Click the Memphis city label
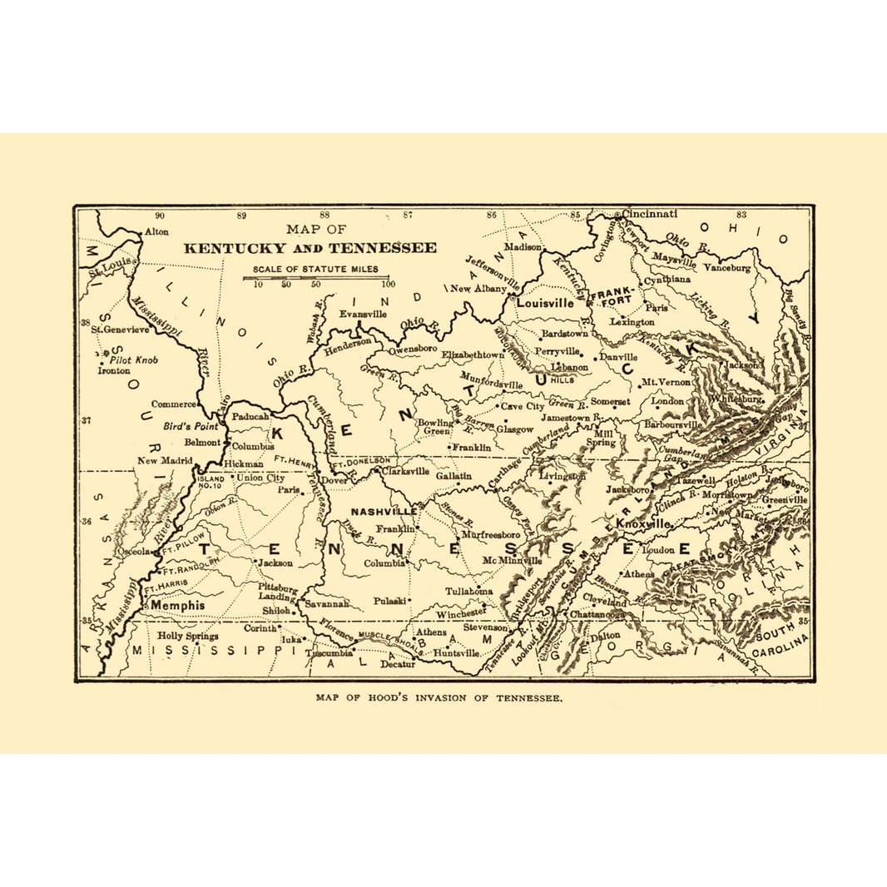(x=177, y=607)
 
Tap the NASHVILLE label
(x=383, y=511)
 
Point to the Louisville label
(x=545, y=304)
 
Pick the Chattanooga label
(x=597, y=615)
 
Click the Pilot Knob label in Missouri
(x=135, y=360)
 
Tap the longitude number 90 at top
(x=159, y=216)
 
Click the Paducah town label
(x=250, y=416)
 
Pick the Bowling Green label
(x=435, y=427)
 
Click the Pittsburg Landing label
(x=276, y=592)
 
